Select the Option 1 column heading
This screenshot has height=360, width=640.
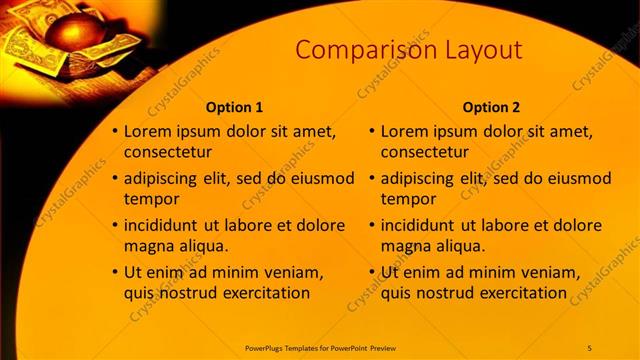pos(235,107)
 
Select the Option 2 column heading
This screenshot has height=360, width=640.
pos(492,107)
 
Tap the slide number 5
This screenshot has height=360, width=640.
pos(589,347)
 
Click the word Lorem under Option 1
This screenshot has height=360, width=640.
pos(149,131)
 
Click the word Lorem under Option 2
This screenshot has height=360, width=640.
pos(406,131)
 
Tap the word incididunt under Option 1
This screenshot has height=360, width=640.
pos(165,225)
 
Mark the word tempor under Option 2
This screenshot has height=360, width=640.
pos(408,199)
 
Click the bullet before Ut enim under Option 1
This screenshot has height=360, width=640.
pos(115,272)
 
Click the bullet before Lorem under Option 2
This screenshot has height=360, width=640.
pos(372,131)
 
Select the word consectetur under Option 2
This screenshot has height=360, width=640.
pos(425,152)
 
